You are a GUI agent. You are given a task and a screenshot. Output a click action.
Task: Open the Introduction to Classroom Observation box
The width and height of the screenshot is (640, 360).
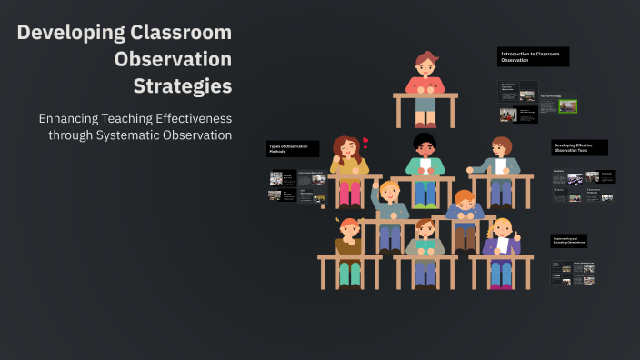[533, 57]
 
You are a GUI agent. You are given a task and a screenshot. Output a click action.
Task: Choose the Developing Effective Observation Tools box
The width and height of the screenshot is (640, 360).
[579, 148]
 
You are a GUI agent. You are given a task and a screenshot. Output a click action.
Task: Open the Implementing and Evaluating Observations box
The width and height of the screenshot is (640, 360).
[580, 242]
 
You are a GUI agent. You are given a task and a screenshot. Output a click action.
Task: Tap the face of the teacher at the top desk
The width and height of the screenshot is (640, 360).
[425, 65]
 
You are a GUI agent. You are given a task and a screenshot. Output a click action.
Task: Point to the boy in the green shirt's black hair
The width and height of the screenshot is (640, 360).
[425, 140]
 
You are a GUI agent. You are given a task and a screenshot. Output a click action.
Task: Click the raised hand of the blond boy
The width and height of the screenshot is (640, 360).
[375, 190]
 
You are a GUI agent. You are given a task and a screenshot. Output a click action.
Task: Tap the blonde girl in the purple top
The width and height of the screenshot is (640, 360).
[501, 241]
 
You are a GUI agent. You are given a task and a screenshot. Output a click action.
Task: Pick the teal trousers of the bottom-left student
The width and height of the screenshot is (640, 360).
[350, 273]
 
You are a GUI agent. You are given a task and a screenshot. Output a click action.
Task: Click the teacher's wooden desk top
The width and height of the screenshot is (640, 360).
[425, 94]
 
